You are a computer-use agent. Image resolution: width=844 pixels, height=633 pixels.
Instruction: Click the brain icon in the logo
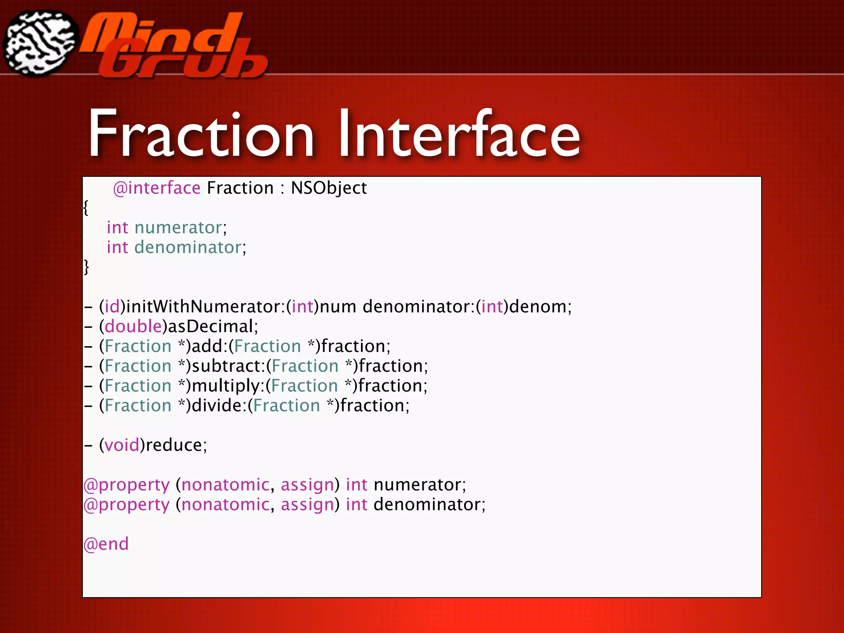pyautogui.click(x=40, y=43)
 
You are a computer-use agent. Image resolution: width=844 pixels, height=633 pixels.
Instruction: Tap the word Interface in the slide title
pyautogui.click(x=459, y=134)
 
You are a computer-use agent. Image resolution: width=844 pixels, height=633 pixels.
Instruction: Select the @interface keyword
pyautogui.click(x=157, y=188)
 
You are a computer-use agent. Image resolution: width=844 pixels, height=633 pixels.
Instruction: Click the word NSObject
pyautogui.click(x=328, y=188)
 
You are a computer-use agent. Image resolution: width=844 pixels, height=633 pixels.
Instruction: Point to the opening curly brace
pyautogui.click(x=86, y=207)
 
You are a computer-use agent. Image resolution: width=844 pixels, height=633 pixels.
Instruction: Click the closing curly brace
pyautogui.click(x=86, y=267)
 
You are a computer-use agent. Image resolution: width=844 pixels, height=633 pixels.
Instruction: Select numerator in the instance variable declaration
pyautogui.click(x=178, y=228)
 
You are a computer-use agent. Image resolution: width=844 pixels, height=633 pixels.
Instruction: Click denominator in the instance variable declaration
pyautogui.click(x=188, y=248)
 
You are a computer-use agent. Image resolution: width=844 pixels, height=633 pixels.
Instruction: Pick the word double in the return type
pyautogui.click(x=133, y=327)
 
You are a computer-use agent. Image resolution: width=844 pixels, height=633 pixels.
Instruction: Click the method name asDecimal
pyautogui.click(x=210, y=327)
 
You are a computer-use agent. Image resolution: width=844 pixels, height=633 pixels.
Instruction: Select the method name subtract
pyautogui.click(x=226, y=366)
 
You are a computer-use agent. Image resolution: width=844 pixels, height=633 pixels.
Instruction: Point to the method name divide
pyautogui.click(x=216, y=406)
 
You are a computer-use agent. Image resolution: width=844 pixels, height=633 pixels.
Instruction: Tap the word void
pyautogui.click(x=122, y=445)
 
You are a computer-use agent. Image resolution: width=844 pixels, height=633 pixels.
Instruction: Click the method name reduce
pyautogui.click(x=173, y=445)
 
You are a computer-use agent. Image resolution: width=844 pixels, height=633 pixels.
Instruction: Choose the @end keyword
pyautogui.click(x=106, y=544)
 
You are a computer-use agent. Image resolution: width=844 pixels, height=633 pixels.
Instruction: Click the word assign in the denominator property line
pyautogui.click(x=307, y=505)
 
